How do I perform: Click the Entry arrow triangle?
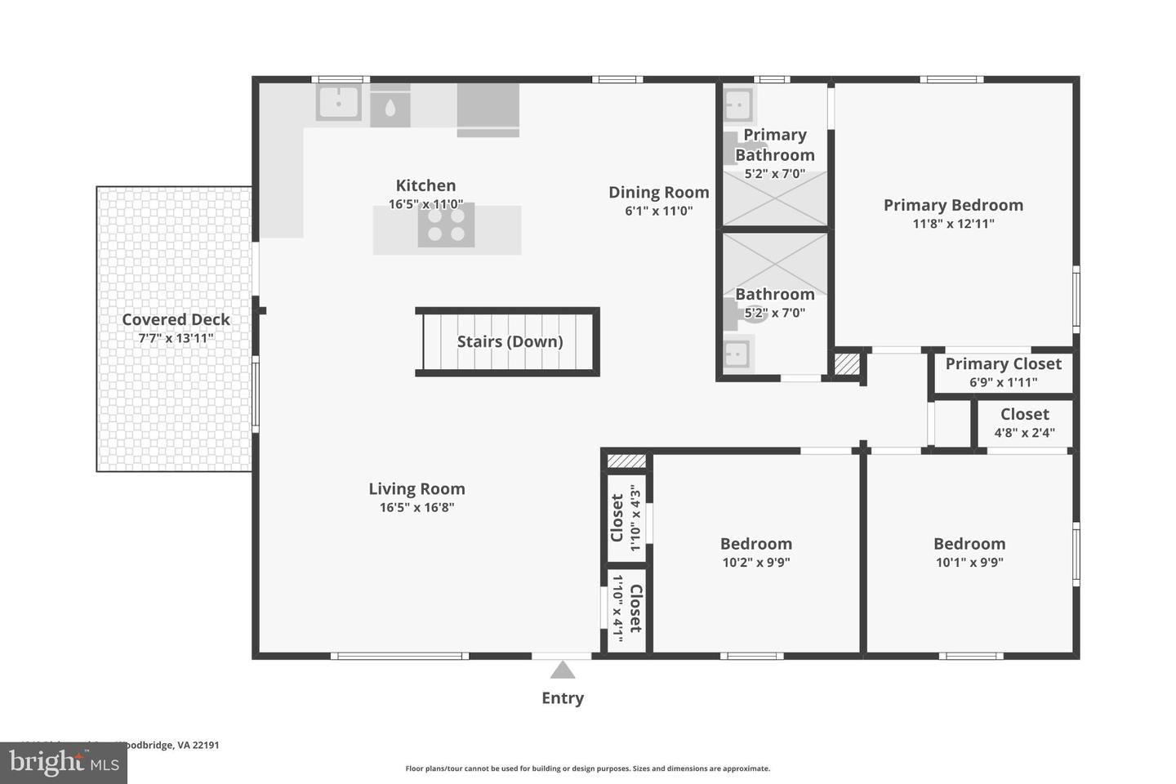(x=562, y=670)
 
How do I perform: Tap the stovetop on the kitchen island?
(x=446, y=225)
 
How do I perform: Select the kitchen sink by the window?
(x=339, y=103)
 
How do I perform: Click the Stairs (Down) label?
(x=510, y=341)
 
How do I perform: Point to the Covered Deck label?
(x=176, y=319)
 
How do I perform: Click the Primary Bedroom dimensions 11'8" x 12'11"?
(x=953, y=224)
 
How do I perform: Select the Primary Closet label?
(x=1003, y=364)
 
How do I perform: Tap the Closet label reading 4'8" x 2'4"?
(x=1024, y=415)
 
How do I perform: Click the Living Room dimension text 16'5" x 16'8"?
(x=416, y=507)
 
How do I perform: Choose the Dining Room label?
(x=658, y=193)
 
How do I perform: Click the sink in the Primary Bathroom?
(x=738, y=105)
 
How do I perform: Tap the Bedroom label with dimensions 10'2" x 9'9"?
(x=755, y=544)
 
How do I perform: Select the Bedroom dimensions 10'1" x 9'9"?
(x=969, y=562)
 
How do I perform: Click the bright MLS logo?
(x=63, y=763)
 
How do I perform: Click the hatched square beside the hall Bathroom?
(x=847, y=363)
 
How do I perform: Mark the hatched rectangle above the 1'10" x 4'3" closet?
(x=626, y=461)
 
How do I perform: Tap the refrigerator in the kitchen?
(x=488, y=109)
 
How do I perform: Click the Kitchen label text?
(x=425, y=185)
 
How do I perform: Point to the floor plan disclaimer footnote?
(x=587, y=768)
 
